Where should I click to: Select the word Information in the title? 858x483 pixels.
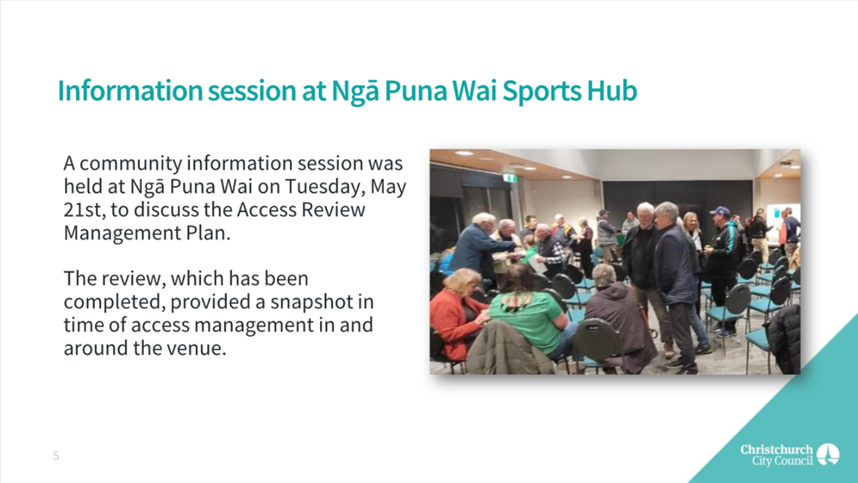click(130, 91)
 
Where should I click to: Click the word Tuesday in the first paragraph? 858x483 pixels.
click(324, 187)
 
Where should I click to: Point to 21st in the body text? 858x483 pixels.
click(81, 210)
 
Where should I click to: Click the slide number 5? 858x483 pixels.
click(56, 456)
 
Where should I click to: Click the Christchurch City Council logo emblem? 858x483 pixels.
click(828, 455)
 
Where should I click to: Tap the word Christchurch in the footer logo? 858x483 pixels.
click(777, 449)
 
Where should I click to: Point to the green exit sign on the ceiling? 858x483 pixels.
click(511, 178)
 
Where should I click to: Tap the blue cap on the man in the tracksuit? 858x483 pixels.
click(719, 211)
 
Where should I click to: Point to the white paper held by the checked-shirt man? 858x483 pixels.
click(538, 265)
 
